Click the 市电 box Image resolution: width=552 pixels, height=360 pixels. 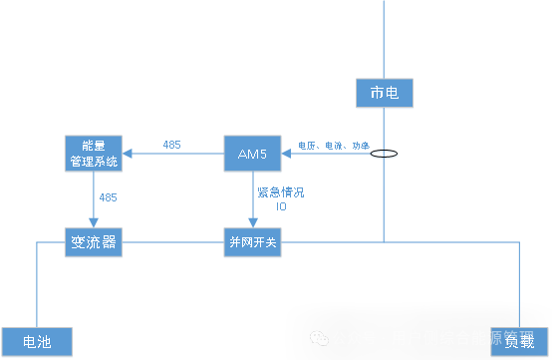pos(384,94)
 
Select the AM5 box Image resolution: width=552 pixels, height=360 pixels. pos(252,153)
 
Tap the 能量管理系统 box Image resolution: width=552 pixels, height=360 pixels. pos(92,153)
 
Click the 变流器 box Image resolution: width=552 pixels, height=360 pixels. pos(93,242)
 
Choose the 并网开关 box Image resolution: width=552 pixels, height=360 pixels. pos(252,242)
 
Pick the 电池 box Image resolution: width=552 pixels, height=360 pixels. pos(37,341)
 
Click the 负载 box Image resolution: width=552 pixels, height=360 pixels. pos(518,341)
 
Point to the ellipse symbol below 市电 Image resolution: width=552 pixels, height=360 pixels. pos(384,155)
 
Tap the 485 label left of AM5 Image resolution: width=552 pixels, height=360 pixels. pos(171,145)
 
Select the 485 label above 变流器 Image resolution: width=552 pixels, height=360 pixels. pos(108,197)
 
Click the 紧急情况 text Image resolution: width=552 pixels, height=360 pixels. pos(280,191)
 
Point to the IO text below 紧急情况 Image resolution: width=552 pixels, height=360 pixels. pos(281,206)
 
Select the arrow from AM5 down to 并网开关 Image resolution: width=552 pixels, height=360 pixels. pos(252,199)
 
